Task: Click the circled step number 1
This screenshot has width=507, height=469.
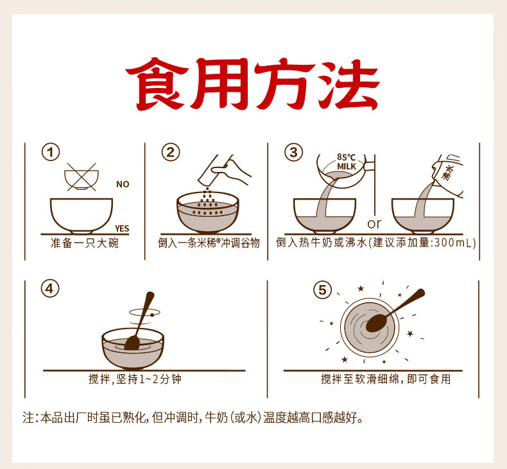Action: coord(51,152)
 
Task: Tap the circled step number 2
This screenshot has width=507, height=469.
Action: coord(171,152)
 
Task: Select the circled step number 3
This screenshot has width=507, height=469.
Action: coord(293,152)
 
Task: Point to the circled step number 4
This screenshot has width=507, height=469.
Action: coord(50,289)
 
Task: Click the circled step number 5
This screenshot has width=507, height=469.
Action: coord(322,290)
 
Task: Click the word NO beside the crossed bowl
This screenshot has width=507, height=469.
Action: coord(123,184)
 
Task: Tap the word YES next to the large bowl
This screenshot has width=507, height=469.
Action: coord(122,228)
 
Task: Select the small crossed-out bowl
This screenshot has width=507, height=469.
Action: coord(82,177)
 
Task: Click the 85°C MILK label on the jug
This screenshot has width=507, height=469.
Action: coord(347,162)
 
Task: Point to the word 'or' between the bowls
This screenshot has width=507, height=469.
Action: coord(374,223)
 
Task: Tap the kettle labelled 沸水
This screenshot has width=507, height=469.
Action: coord(449,175)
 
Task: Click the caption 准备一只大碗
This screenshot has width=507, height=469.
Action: coord(85,243)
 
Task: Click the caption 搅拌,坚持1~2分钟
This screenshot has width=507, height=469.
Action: coord(135,379)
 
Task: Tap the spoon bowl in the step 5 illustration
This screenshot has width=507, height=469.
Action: coord(377,323)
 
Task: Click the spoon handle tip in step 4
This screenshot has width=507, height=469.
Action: coord(150,294)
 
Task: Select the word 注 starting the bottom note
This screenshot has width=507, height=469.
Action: coord(28,418)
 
